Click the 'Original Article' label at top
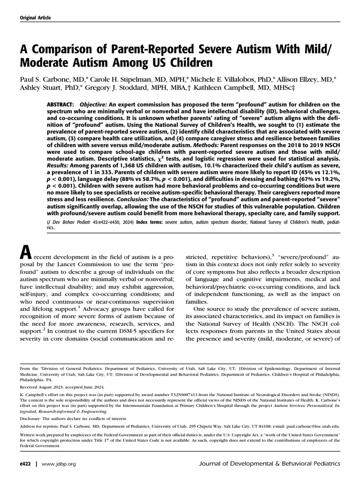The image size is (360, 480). coord(35,18)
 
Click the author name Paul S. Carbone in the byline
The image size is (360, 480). coord(44,78)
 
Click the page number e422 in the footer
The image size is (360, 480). coord(26,464)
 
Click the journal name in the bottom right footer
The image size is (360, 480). coord(270,464)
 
